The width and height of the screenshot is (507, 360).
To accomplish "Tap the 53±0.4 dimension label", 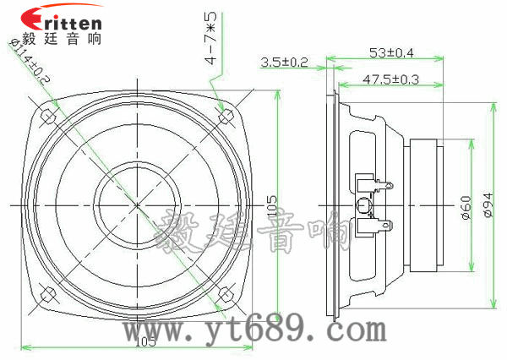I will pyautogui.click(x=391, y=52).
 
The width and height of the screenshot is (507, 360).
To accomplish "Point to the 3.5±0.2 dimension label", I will pyautogui.click(x=285, y=62).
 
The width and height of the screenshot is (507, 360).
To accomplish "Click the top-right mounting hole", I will pyautogui.click(x=225, y=116).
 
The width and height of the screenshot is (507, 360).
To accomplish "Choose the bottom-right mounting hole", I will pyautogui.click(x=225, y=293).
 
